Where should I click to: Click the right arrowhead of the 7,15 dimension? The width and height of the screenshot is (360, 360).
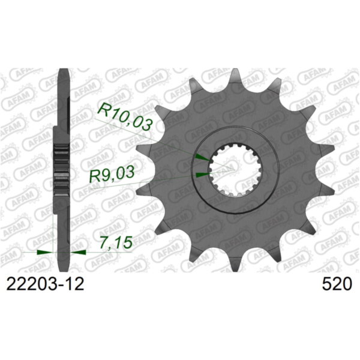tap(80, 252)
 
